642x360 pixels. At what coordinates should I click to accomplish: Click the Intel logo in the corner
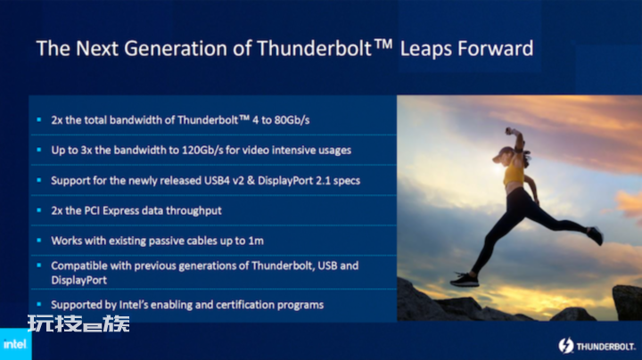(x=15, y=344)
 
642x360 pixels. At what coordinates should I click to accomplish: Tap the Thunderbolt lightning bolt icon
(x=566, y=346)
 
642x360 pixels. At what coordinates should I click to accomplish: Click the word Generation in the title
(x=176, y=48)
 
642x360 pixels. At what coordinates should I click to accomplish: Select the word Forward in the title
(x=496, y=48)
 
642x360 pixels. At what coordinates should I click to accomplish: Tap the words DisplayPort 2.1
(x=294, y=181)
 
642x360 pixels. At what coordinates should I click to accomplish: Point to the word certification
(x=245, y=305)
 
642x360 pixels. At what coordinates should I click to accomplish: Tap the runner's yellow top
(x=514, y=173)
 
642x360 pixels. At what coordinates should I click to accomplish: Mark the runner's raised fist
(x=510, y=131)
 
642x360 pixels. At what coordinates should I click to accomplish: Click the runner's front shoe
(x=465, y=280)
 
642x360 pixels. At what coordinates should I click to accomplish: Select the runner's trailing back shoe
(x=595, y=235)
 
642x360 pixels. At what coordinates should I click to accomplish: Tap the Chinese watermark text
(x=78, y=323)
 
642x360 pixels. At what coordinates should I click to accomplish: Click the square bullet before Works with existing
(x=39, y=240)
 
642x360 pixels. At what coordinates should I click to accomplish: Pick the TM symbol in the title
(x=383, y=44)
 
